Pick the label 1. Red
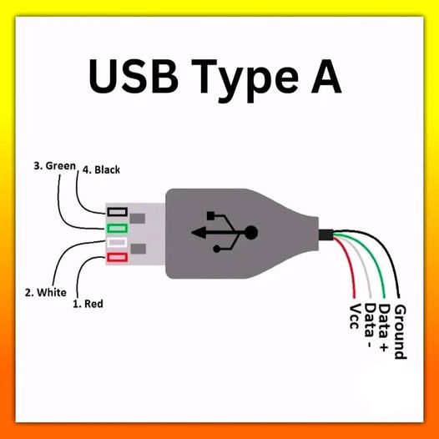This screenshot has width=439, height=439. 88,304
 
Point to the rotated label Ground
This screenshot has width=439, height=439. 400,331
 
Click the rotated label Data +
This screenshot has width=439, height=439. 384,329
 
